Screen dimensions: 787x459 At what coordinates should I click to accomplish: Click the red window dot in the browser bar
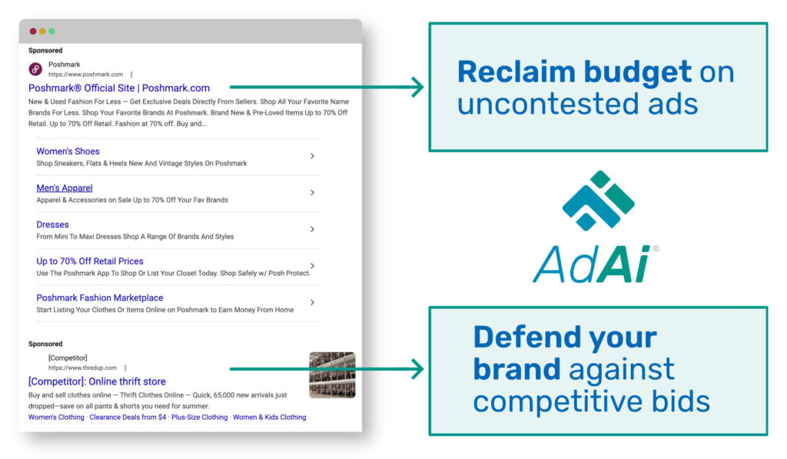(33, 31)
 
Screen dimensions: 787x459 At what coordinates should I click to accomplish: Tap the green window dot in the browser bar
(51, 31)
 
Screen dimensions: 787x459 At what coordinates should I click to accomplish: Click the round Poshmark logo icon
(35, 68)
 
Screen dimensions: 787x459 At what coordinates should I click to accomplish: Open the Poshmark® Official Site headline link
(119, 88)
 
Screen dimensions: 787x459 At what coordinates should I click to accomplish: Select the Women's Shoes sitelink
(68, 151)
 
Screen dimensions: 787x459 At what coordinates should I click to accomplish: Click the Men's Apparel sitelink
(65, 188)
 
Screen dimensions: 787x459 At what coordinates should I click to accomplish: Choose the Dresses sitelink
(52, 225)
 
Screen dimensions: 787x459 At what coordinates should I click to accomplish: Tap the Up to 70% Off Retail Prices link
(90, 261)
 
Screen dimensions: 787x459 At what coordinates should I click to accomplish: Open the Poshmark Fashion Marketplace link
(99, 298)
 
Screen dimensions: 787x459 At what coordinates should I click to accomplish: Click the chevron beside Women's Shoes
(312, 156)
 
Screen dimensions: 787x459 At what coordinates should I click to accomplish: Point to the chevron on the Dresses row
(312, 229)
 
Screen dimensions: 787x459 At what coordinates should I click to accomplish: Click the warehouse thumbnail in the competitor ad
(332, 375)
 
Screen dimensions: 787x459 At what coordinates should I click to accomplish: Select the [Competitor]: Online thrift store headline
(97, 381)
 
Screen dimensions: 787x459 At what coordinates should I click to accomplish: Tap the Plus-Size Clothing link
(199, 417)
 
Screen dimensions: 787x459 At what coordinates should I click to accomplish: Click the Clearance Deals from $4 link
(128, 417)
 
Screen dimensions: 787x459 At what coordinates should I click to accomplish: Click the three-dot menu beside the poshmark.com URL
(131, 75)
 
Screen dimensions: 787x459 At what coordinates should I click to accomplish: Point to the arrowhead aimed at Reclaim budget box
(417, 87)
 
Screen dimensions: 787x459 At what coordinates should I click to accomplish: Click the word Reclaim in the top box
(516, 72)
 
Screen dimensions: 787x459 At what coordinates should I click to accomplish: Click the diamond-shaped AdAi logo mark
(598, 201)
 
